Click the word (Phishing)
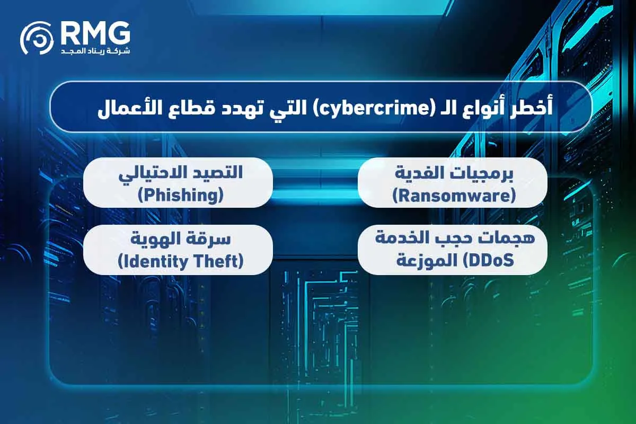click(178, 196)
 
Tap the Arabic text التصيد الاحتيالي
click(178, 173)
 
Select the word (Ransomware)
click(454, 196)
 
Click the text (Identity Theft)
click(178, 262)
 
